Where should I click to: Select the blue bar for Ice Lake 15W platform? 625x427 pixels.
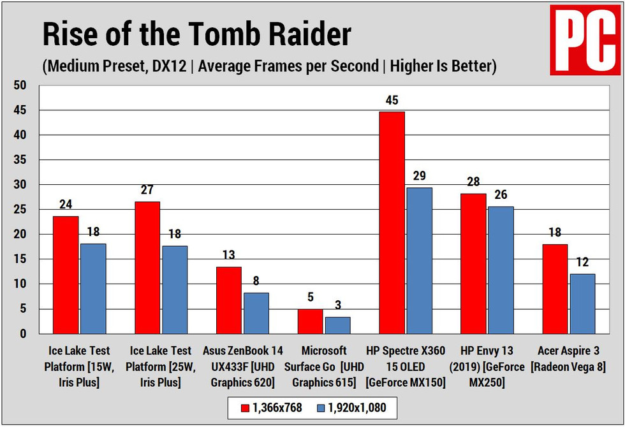tap(92, 288)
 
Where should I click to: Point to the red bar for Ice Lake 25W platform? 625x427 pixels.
tap(147, 268)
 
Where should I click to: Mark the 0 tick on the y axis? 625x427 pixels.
tap(23, 333)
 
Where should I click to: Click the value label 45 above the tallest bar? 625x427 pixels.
tap(392, 100)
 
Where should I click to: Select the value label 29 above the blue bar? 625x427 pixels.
tap(419, 176)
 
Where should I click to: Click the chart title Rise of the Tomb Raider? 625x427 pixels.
tap(196, 34)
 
